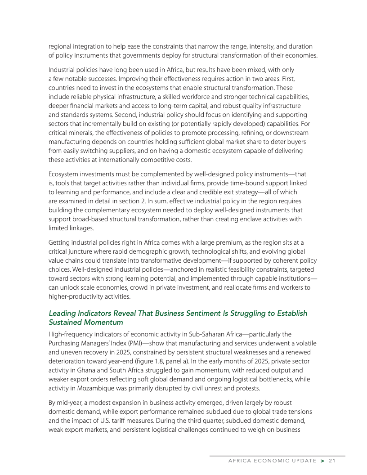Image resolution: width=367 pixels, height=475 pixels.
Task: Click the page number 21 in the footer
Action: pyautogui.click(x=333, y=461)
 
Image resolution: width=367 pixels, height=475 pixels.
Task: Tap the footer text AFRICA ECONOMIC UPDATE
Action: pyautogui.click(x=273, y=461)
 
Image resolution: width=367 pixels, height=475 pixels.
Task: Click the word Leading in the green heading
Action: pyautogui.click(x=62, y=313)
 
